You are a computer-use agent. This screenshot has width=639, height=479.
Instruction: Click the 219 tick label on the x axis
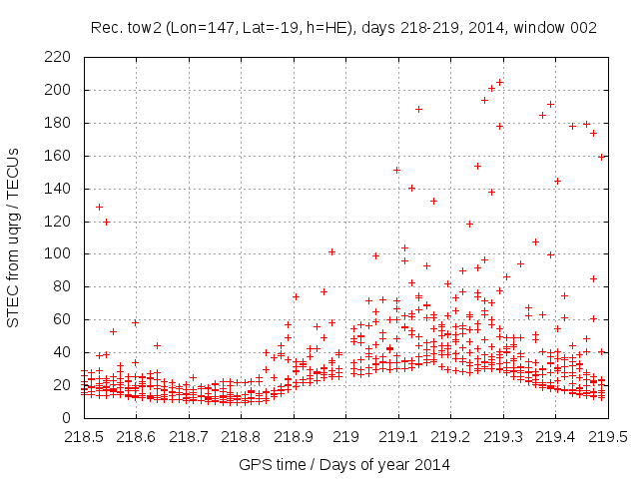(x=345, y=436)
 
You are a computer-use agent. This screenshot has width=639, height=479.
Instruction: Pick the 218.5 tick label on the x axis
(x=84, y=436)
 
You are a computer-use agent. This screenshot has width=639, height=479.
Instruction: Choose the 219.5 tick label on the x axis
(x=608, y=436)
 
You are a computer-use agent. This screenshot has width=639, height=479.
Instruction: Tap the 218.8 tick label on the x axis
(x=241, y=436)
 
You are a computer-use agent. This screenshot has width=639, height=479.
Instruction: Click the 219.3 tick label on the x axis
(x=503, y=436)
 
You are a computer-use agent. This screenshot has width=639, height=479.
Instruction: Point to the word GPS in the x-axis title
(x=254, y=464)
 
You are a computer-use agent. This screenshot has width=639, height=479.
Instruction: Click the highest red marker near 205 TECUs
(x=499, y=83)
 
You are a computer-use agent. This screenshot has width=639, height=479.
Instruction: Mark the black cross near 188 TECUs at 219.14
(x=418, y=109)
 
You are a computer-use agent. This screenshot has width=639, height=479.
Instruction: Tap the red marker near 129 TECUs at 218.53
(x=99, y=207)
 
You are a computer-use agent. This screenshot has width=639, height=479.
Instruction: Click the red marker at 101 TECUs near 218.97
(x=331, y=251)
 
